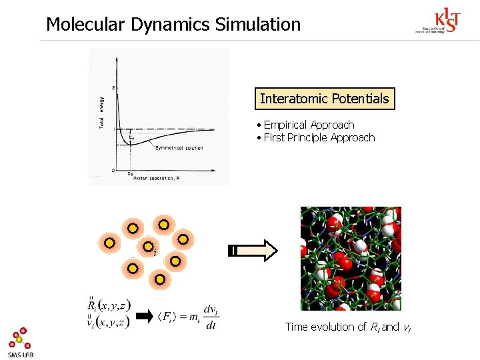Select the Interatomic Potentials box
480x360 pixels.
click(324, 99)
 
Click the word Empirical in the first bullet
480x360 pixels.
click(285, 125)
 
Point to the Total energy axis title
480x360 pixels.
click(102, 113)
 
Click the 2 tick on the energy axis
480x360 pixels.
click(113, 87)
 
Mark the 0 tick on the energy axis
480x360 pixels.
click(113, 171)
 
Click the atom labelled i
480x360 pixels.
click(148, 247)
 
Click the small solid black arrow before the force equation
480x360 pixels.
click(143, 317)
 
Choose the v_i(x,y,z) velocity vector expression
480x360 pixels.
click(109, 322)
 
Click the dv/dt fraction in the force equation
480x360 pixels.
click(211, 317)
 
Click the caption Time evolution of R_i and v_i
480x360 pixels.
click(342, 327)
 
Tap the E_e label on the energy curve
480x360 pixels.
click(132, 138)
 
